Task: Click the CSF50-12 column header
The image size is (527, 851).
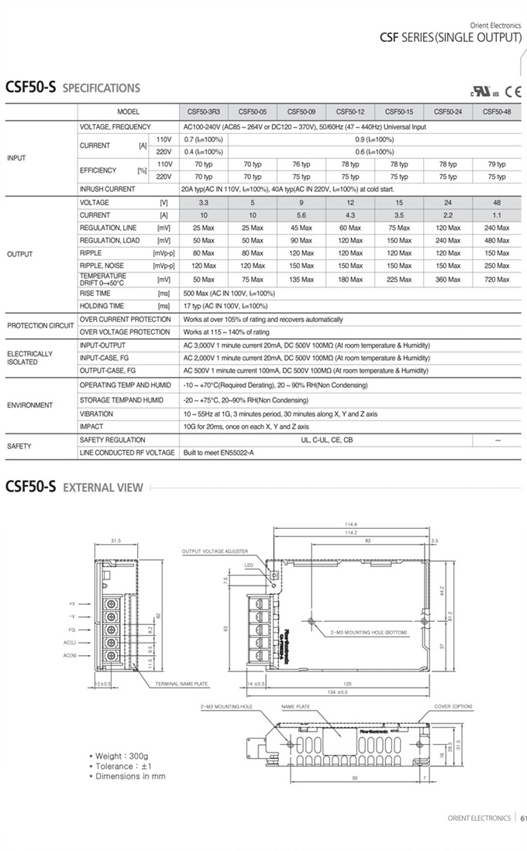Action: tap(350, 112)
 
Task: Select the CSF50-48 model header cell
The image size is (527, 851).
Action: tap(497, 112)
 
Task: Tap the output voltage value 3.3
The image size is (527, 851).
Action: tap(204, 202)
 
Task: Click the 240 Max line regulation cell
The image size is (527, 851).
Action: tap(497, 228)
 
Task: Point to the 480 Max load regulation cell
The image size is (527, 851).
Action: tap(497, 240)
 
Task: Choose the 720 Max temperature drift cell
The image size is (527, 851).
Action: tap(497, 279)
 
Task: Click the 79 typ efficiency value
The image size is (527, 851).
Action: tap(497, 164)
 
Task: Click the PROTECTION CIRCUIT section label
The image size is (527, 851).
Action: tap(40, 325)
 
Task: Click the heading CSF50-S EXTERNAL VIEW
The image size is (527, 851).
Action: tap(74, 487)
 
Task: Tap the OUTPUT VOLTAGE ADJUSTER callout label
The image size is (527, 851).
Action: tap(215, 551)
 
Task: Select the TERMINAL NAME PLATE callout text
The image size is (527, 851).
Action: tap(181, 684)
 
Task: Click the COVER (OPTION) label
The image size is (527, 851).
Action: tap(453, 706)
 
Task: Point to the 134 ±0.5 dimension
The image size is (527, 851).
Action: tap(336, 691)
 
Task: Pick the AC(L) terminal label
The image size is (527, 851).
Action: tap(70, 643)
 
